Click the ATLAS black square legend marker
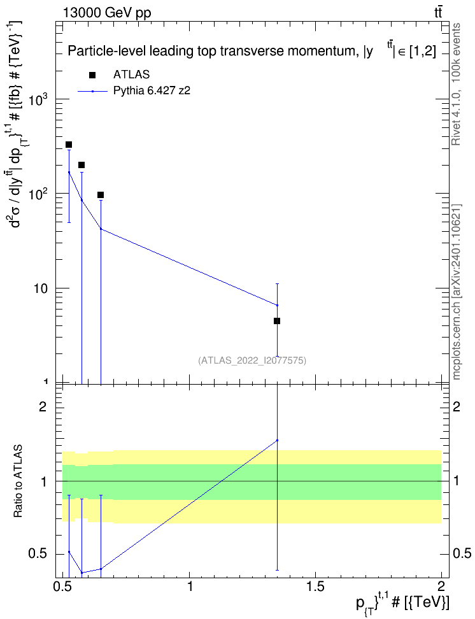(x=92, y=75)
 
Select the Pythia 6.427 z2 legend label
(x=152, y=91)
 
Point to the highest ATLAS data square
(x=69, y=145)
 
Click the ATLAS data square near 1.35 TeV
(x=277, y=321)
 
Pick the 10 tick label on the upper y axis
(x=40, y=289)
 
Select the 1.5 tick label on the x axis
(x=315, y=587)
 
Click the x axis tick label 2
(x=441, y=587)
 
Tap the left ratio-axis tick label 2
(x=43, y=406)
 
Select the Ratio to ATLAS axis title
(x=18, y=481)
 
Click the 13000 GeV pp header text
(x=106, y=13)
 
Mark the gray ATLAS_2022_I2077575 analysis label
(x=252, y=360)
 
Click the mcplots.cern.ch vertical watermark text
(x=457, y=292)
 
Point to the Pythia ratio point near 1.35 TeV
(x=277, y=440)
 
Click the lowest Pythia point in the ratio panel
(x=82, y=573)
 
